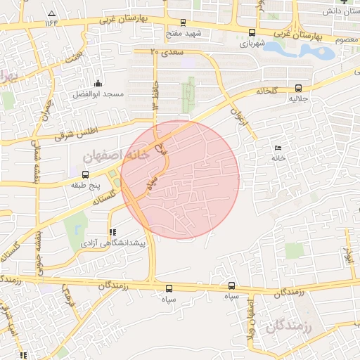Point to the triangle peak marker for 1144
coord(51,14)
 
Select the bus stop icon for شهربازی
coord(252,32)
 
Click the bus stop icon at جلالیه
coord(299,89)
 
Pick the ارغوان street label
coord(239,114)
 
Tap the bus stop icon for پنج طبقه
coord(86,174)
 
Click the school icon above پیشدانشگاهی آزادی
coord(111,232)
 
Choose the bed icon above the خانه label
coord(278,148)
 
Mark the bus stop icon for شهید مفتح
coord(184,22)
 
